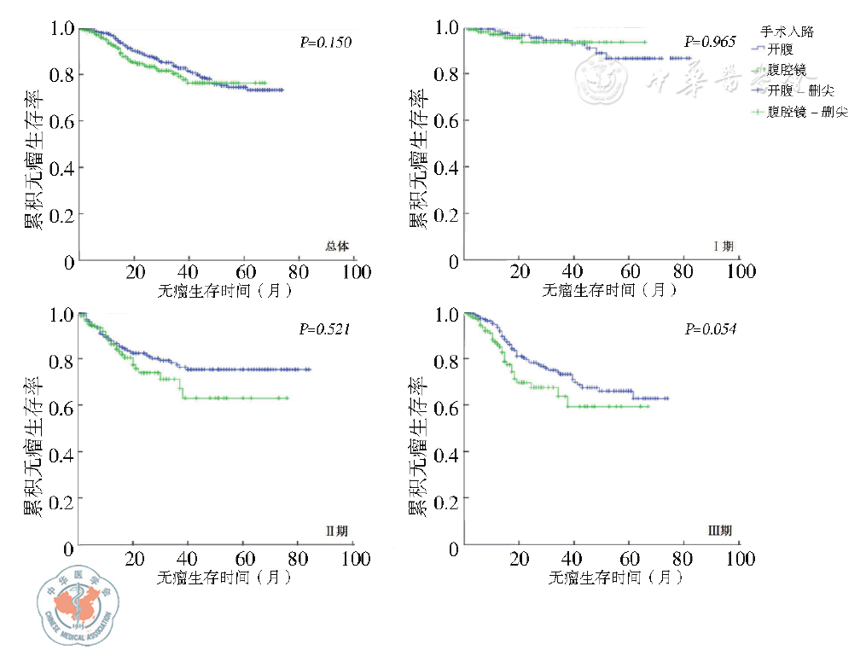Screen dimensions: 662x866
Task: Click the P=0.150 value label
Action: click(326, 43)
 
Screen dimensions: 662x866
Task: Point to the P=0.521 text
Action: click(325, 328)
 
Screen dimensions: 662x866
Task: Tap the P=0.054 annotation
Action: click(710, 328)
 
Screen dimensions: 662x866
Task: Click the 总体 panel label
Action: click(337, 247)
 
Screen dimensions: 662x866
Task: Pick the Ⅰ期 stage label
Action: click(724, 247)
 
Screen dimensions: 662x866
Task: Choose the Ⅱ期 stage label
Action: click(337, 531)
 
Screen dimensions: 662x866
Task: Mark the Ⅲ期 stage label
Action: click(721, 531)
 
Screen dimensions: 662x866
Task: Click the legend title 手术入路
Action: click(787, 32)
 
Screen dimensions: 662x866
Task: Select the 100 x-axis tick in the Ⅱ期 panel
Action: click(357, 560)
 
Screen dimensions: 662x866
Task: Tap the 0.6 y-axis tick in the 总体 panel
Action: click(63, 121)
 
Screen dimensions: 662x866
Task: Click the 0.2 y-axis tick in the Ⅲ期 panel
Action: click(448, 500)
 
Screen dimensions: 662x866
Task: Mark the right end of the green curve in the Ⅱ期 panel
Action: click(288, 398)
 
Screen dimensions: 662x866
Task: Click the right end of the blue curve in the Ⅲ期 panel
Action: click(667, 398)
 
